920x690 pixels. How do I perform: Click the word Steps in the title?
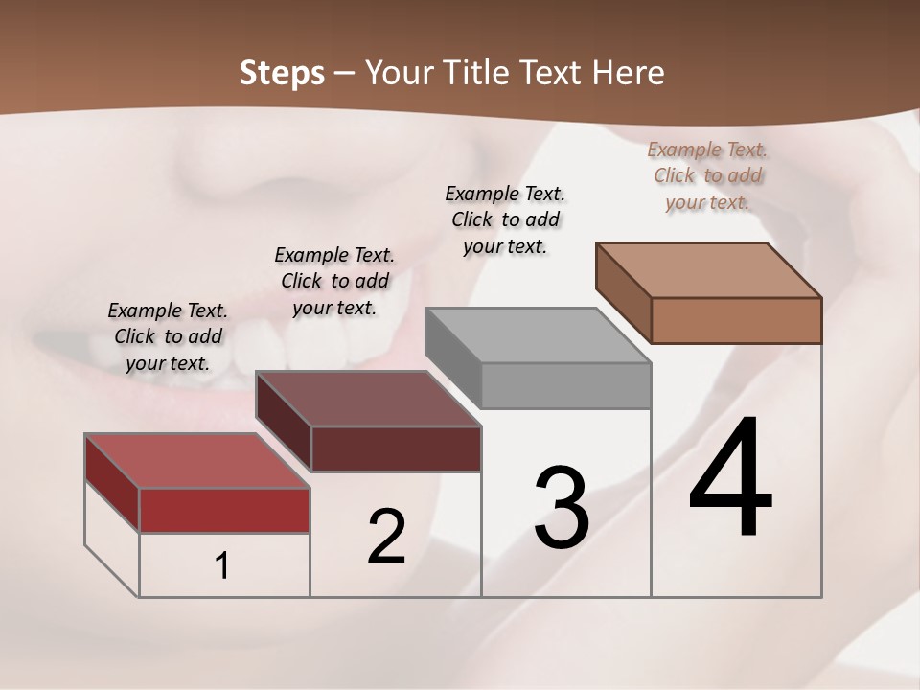(282, 73)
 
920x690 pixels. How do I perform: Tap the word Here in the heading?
(629, 73)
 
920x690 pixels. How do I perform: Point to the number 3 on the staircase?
(561, 508)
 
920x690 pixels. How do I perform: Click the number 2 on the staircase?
(386, 537)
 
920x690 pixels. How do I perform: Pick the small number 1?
(222, 565)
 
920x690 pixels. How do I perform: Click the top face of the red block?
(196, 461)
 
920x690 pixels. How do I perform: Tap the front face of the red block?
(224, 510)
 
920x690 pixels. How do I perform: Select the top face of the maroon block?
(368, 399)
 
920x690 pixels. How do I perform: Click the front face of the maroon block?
(396, 448)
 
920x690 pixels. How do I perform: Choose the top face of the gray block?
(538, 335)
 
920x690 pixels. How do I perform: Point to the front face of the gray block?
(565, 385)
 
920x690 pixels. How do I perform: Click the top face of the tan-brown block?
(708, 270)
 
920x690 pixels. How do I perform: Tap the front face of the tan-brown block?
(736, 320)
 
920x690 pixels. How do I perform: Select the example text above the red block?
(168, 336)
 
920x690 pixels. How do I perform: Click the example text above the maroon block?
(334, 281)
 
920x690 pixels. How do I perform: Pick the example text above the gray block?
(505, 219)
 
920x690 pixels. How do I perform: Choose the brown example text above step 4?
(707, 175)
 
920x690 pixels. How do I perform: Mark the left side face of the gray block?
(452, 357)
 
